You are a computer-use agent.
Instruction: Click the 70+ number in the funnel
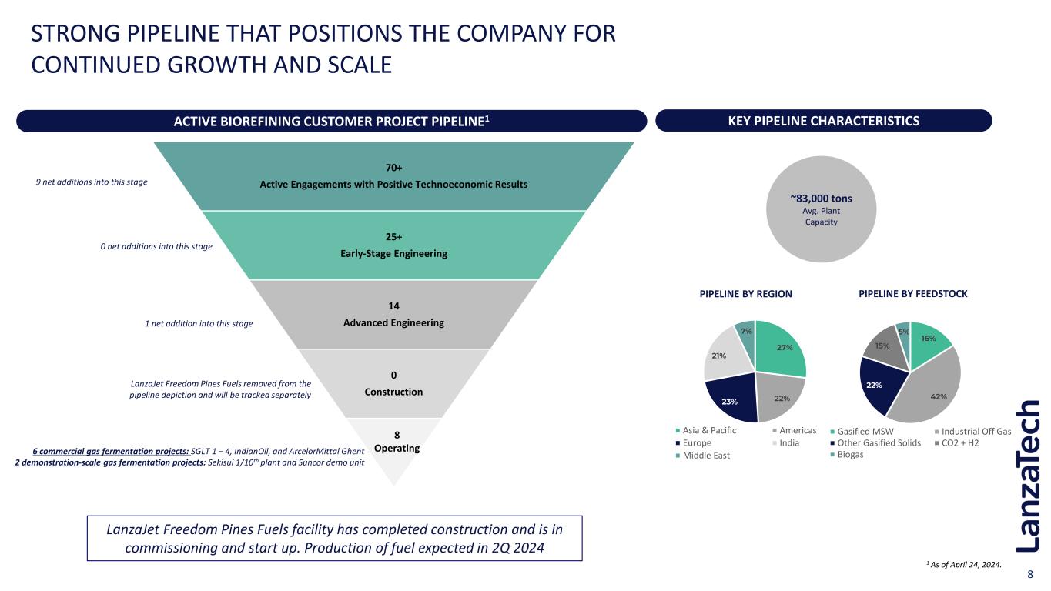(393, 167)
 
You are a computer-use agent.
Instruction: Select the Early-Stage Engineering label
(393, 253)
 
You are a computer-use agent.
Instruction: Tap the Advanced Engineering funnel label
(393, 322)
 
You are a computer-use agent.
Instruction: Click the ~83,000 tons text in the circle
(821, 198)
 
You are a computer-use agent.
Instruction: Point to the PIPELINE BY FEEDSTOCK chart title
(913, 294)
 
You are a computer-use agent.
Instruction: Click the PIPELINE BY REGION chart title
(745, 294)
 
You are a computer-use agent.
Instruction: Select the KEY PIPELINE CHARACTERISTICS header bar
(823, 121)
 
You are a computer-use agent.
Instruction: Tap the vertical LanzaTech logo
(1028, 476)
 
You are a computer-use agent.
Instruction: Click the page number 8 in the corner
(1031, 575)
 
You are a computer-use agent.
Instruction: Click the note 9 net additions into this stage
(92, 182)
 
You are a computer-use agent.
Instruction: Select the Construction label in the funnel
(393, 392)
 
